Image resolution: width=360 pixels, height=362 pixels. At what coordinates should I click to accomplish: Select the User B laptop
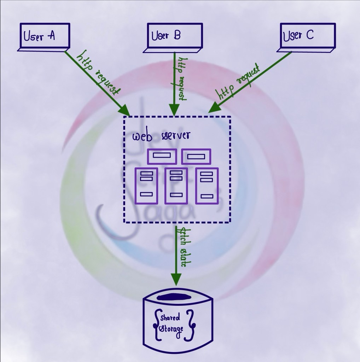pyautogui.click(x=174, y=37)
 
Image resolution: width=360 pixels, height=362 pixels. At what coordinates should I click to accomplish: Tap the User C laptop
pyautogui.click(x=307, y=37)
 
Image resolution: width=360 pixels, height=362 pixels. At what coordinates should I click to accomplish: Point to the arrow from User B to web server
pyautogui.click(x=174, y=85)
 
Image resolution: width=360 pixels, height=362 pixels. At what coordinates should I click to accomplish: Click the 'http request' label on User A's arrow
pyautogui.click(x=99, y=72)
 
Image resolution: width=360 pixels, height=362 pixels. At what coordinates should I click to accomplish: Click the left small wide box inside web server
pyautogui.click(x=162, y=156)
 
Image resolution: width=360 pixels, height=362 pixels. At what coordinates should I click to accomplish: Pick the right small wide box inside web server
pyautogui.click(x=196, y=157)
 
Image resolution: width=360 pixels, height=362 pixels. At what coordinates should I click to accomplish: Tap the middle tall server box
pyautogui.click(x=176, y=186)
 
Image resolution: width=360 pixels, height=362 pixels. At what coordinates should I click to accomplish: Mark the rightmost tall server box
pyautogui.click(x=207, y=186)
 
